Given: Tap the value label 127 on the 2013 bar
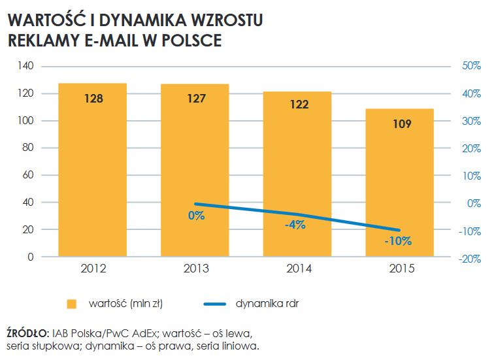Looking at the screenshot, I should click(x=196, y=99).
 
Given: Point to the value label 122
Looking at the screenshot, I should click(x=299, y=105).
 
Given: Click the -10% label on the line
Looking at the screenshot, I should click(x=397, y=241).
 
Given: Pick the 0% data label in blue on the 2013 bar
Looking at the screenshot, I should click(x=196, y=216).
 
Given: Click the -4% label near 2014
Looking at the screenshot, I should click(x=295, y=225).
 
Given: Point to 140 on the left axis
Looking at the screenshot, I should click(x=25, y=66).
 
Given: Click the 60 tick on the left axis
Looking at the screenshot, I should click(x=28, y=176).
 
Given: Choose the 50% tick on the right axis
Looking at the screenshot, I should click(x=471, y=66).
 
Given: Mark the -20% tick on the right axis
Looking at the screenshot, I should click(x=469, y=258).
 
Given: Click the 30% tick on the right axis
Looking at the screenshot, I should click(x=471, y=121).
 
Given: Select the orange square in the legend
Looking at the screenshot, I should click(x=73, y=304).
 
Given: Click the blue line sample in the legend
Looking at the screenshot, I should click(x=210, y=304).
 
